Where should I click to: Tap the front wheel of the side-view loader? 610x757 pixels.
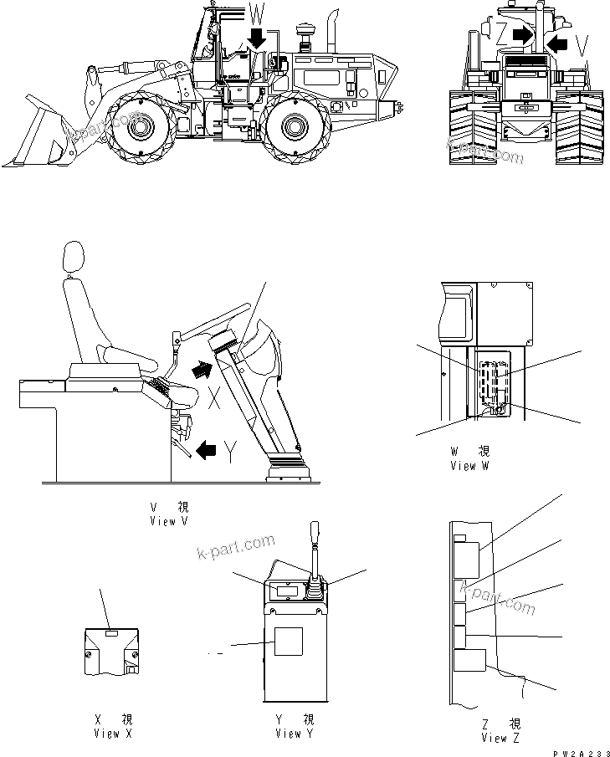pos(138,128)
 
